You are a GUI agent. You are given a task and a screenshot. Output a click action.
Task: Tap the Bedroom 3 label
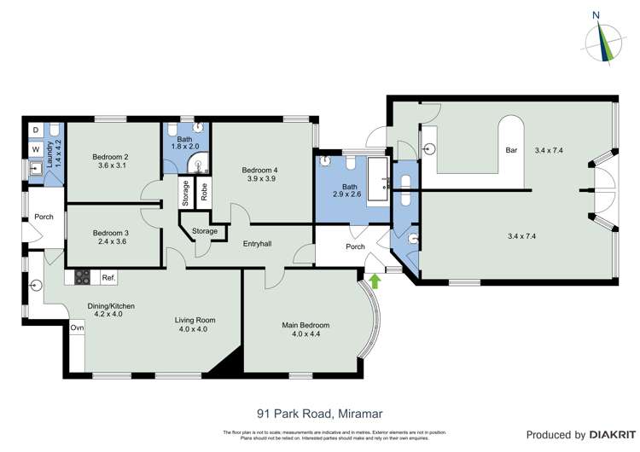click(x=110, y=233)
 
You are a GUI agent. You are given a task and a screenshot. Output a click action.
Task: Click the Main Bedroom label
click(x=305, y=325)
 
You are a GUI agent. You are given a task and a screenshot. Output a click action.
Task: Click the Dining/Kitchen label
click(x=112, y=306)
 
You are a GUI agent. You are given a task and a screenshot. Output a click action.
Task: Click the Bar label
click(x=512, y=150)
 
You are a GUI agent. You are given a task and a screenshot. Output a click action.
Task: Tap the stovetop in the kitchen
click(x=84, y=276)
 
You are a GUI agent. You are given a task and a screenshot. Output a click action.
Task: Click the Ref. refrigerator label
click(x=108, y=277)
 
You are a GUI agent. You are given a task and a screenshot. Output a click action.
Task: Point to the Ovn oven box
click(x=77, y=327)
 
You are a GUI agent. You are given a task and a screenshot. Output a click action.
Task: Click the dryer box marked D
click(x=35, y=130)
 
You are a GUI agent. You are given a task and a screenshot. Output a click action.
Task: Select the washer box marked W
click(x=35, y=148)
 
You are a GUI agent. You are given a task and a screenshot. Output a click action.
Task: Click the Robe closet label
click(x=204, y=192)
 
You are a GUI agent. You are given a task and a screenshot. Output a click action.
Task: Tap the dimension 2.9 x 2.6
click(x=350, y=194)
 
